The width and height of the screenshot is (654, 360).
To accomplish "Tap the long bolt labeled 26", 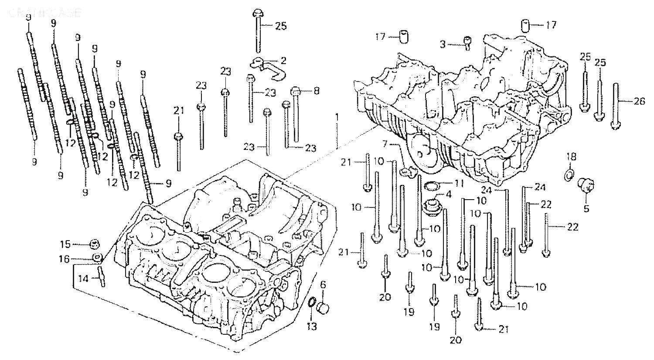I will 616,105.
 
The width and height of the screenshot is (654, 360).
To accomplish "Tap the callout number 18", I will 571,156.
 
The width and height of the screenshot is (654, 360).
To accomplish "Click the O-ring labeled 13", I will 312,303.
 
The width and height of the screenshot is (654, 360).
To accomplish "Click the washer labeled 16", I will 98,258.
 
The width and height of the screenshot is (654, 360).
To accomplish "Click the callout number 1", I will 337,117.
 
